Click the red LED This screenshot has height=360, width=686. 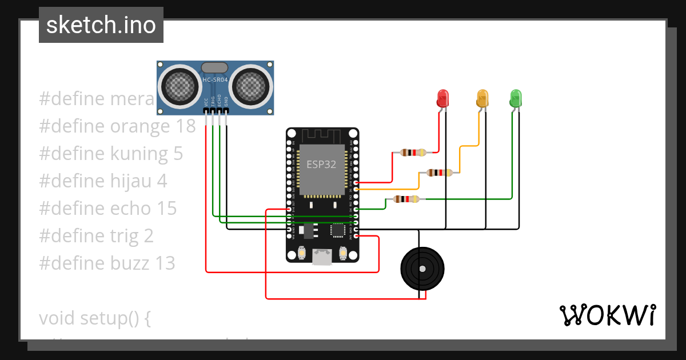pos(442,98)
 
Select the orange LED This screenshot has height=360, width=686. pos(482,98)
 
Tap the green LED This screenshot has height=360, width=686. pos(516,98)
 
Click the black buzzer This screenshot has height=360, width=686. pos(422,269)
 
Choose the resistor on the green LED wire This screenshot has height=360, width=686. pos(406,199)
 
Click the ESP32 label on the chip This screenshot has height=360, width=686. pos(321,165)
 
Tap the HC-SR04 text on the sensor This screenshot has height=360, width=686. pos(215,79)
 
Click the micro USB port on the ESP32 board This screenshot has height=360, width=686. pos(322,257)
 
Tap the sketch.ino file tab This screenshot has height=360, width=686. pos(101,25)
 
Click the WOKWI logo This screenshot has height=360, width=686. pos(607,315)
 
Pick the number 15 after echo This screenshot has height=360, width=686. pos(167,209)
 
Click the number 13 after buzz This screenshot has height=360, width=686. pos(165,263)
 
